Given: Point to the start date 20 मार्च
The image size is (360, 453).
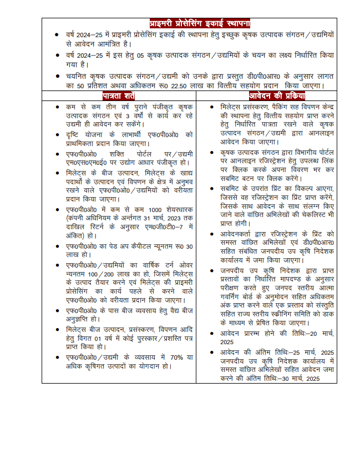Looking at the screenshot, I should (x=318, y=334).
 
